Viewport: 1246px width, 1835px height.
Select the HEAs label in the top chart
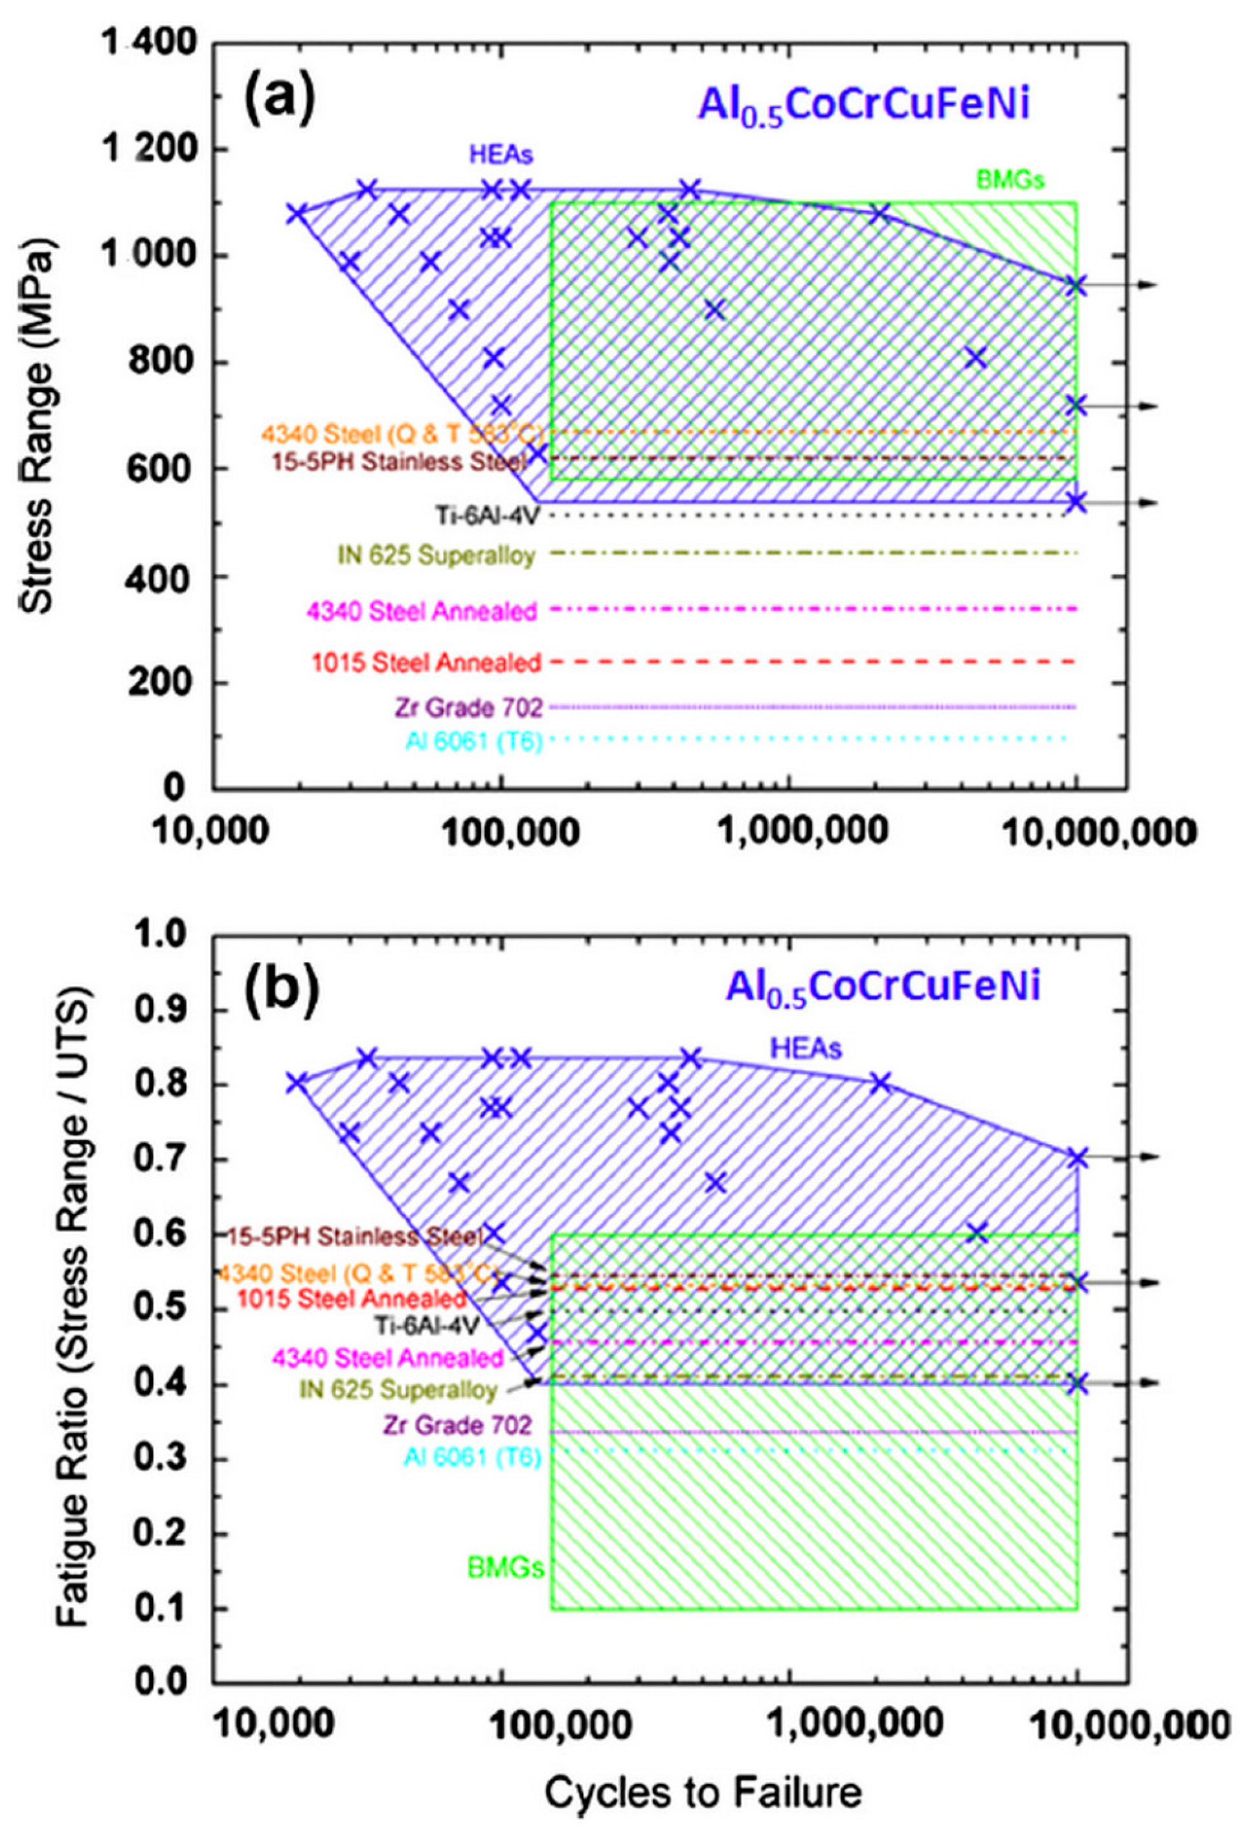(501, 155)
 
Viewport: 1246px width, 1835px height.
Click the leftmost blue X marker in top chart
(296, 213)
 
